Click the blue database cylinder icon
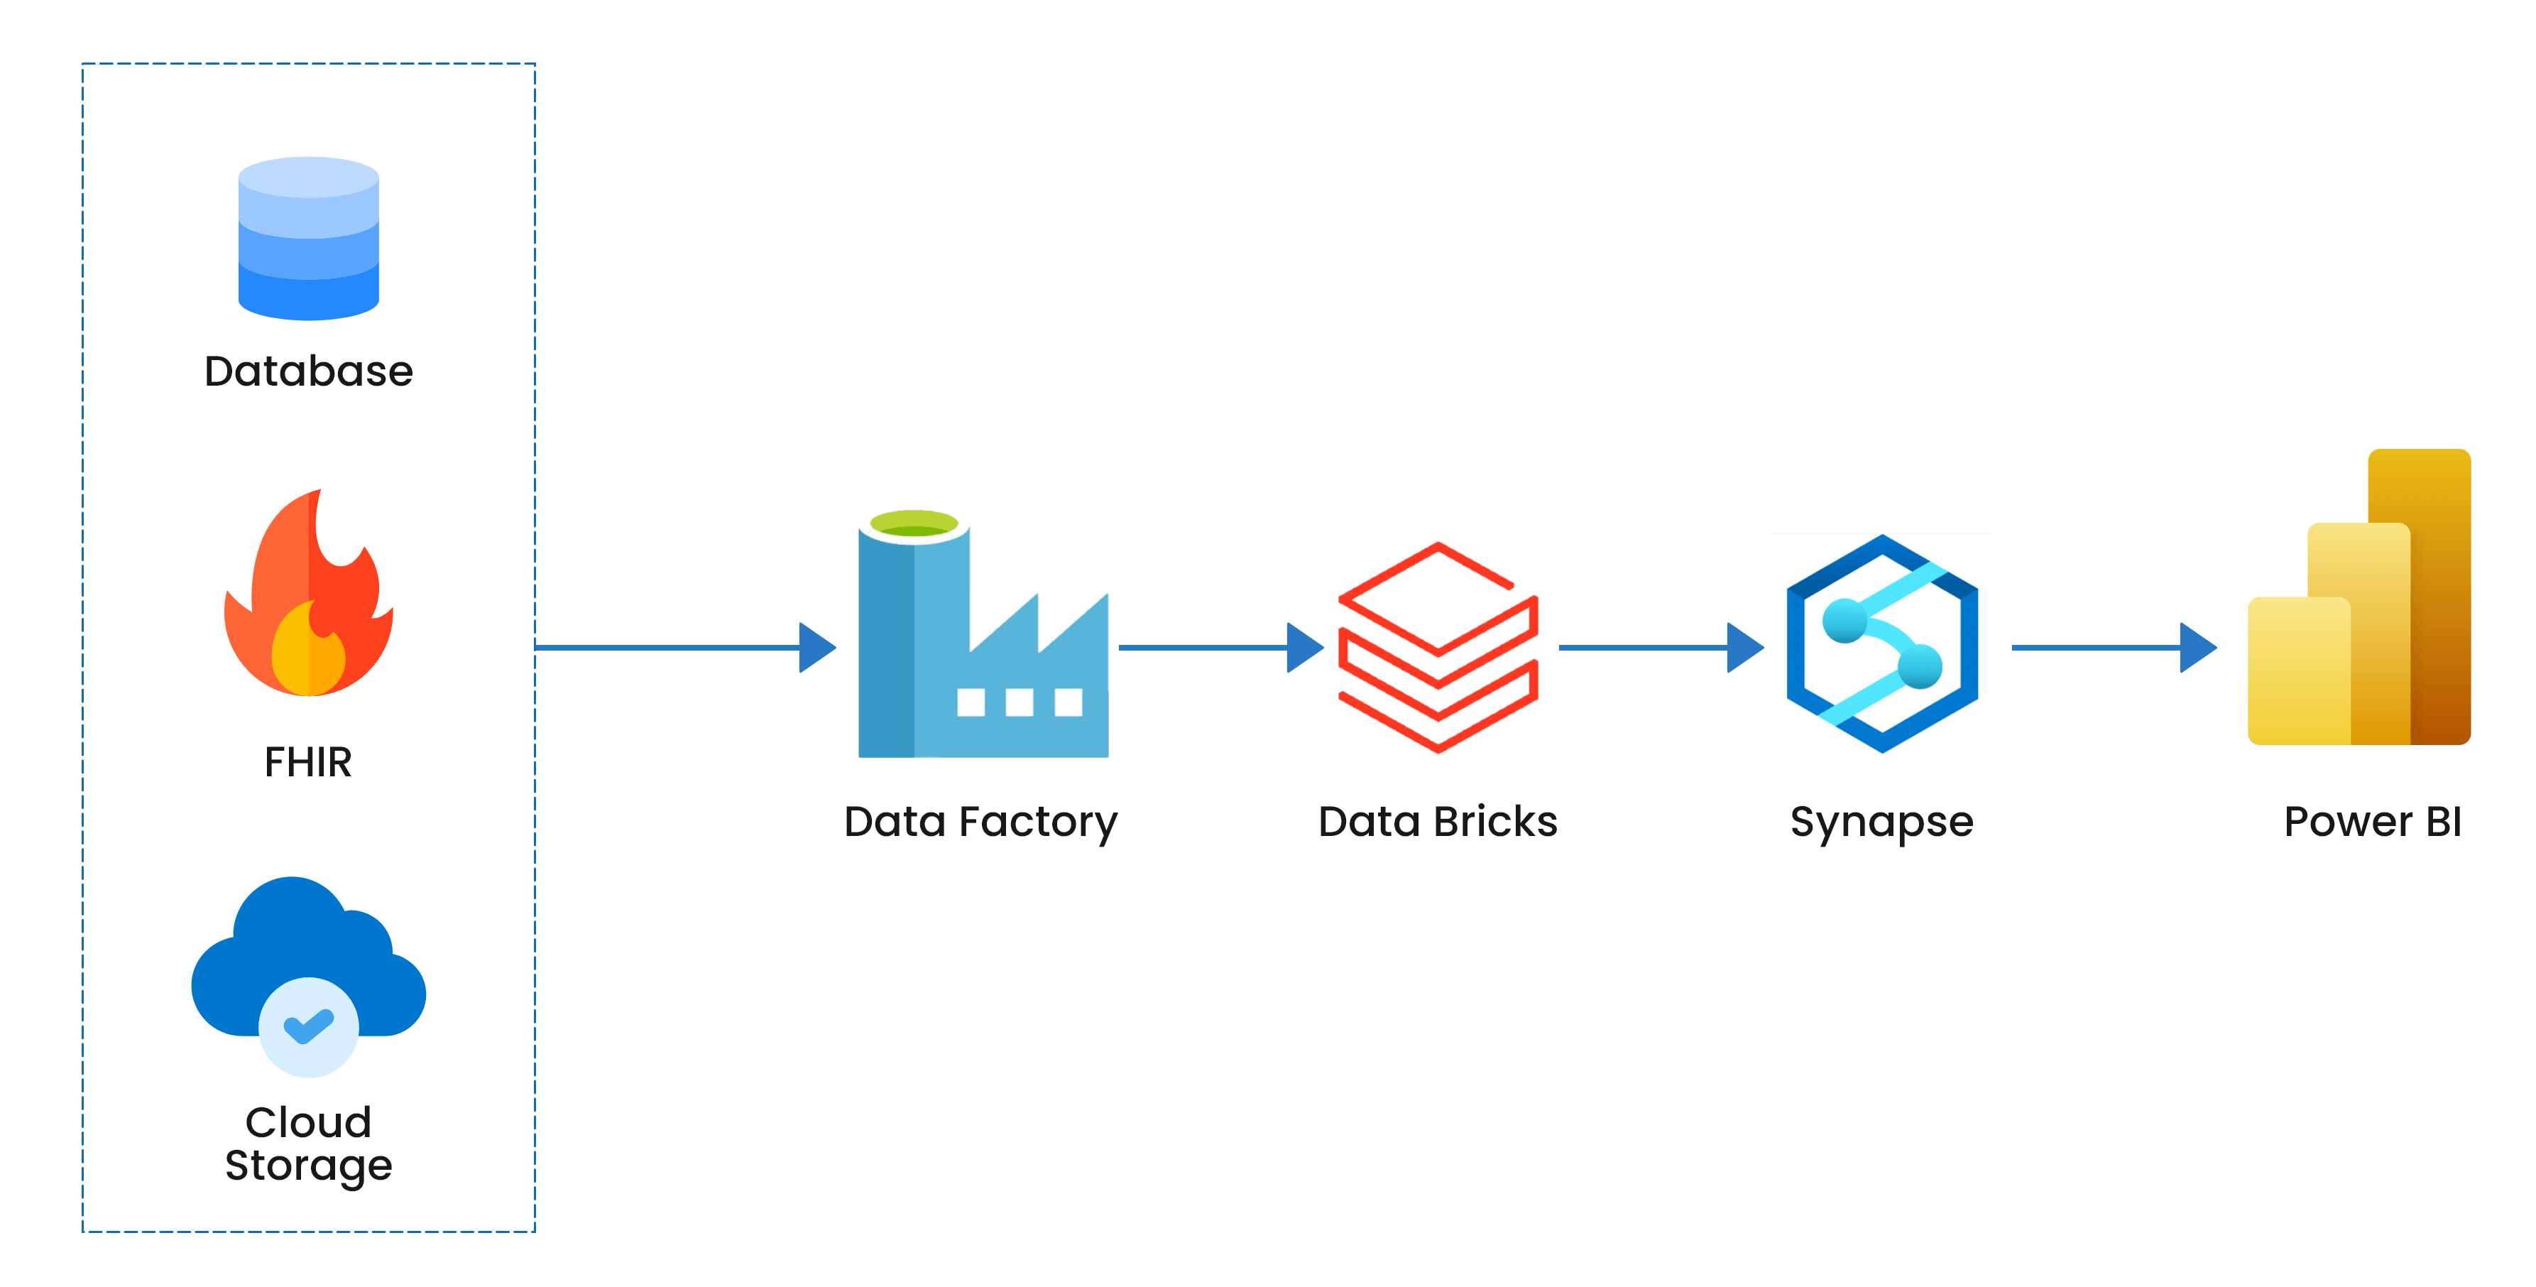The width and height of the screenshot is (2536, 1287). coord(308,239)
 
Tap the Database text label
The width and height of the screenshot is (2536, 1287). coord(308,371)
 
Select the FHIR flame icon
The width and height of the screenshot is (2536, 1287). coord(308,596)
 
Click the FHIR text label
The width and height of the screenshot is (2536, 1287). coord(308,762)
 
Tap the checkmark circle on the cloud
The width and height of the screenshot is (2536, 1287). coord(308,1027)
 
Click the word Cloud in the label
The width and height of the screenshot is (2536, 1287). coord(308,1122)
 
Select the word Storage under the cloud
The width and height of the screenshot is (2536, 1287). coord(308,1165)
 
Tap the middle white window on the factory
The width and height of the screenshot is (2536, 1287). coord(1019,702)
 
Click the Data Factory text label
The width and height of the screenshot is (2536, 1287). coord(980,821)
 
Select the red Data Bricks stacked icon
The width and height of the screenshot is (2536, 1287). coord(1438,647)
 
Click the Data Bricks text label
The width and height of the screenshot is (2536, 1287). coord(1438,821)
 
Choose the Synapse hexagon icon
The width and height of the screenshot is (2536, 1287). coord(1881,645)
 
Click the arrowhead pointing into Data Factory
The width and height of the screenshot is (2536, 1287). coord(817,648)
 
